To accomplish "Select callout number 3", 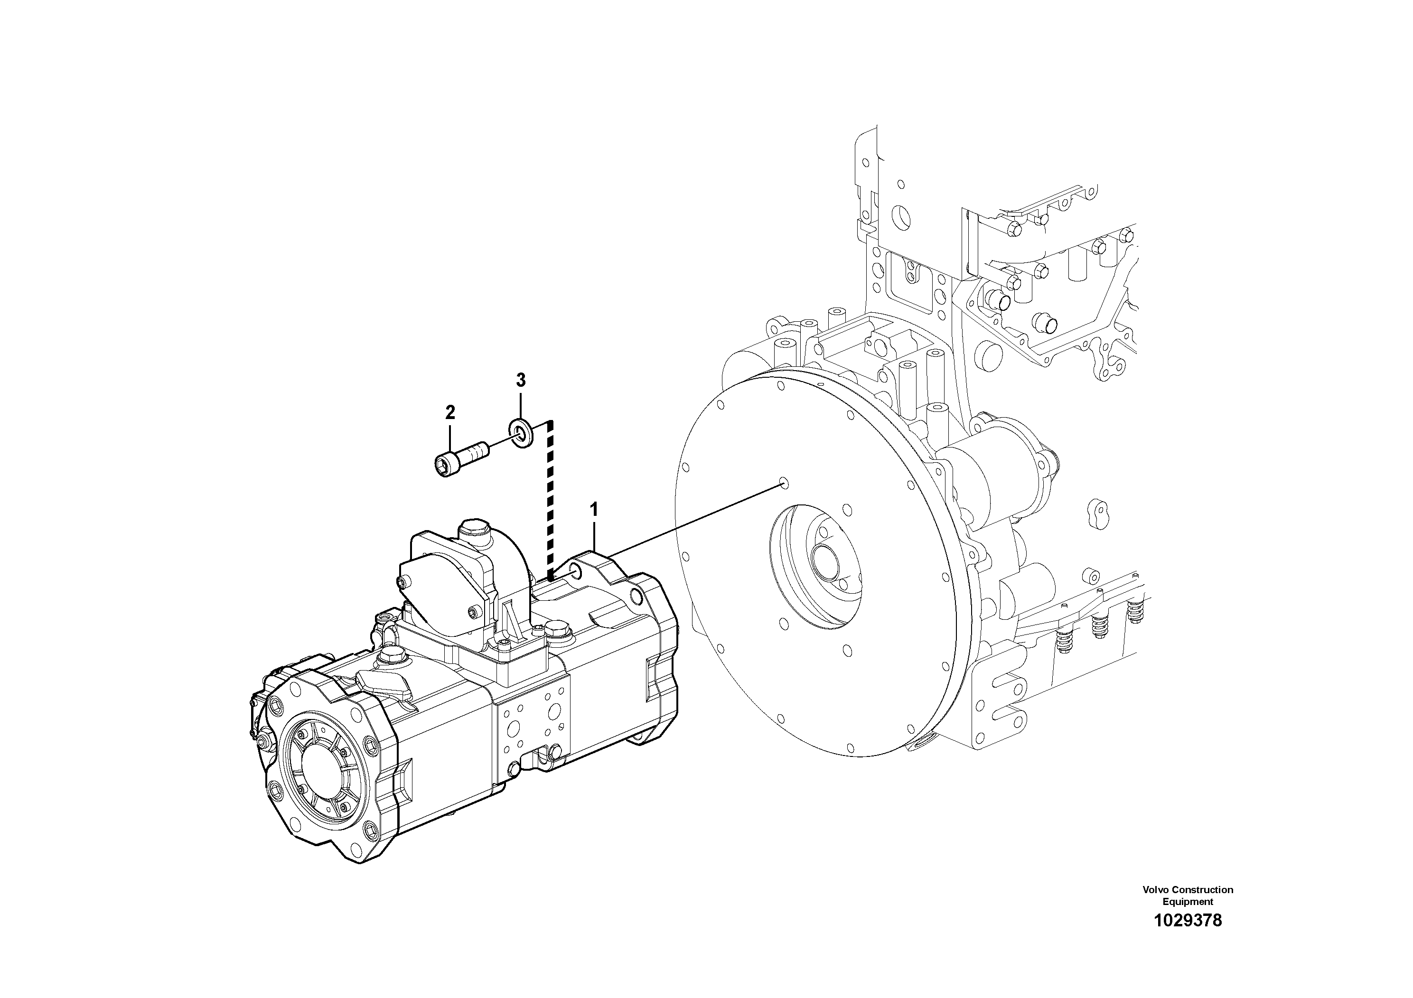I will (520, 380).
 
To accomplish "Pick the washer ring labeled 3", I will (521, 434).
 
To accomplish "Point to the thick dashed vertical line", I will (551, 498).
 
